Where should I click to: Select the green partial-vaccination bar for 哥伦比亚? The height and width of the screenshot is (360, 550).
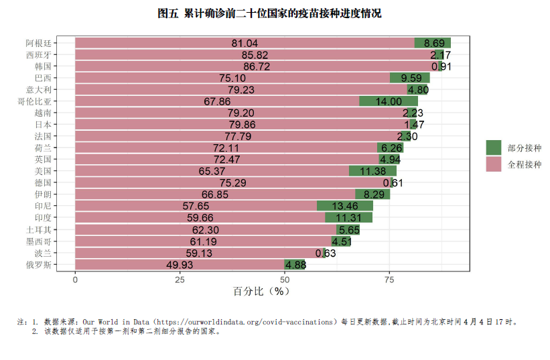click(x=389, y=101)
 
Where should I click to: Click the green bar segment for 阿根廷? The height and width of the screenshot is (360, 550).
click(x=432, y=43)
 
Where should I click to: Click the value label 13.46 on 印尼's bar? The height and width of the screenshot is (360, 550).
click(x=345, y=206)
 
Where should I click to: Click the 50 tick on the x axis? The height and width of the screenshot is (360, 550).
click(x=285, y=280)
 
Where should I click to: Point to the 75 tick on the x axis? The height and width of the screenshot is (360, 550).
click(x=389, y=280)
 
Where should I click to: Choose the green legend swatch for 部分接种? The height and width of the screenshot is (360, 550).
click(x=494, y=147)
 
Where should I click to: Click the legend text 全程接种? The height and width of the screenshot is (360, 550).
click(x=525, y=164)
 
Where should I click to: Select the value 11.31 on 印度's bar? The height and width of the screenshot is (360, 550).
click(x=348, y=218)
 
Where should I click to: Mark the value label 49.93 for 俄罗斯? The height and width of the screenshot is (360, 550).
click(x=180, y=265)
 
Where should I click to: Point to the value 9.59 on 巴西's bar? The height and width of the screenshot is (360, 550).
click(x=411, y=78)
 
